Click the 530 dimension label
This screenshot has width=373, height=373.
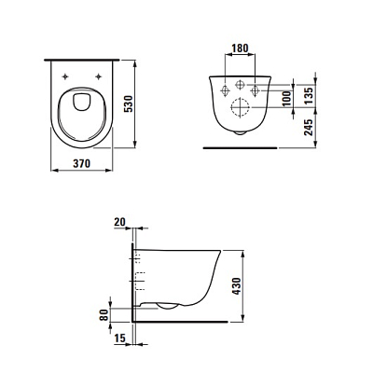129,104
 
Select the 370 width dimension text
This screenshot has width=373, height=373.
82,163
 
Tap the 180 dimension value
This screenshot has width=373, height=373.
241,48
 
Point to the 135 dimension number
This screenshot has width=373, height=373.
309,96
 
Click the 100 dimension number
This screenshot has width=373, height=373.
287,98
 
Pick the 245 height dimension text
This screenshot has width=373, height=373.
309,127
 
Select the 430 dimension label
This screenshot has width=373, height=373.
237,286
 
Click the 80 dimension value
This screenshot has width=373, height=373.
104,315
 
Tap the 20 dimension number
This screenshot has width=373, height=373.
119,222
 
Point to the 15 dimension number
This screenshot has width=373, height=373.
119,338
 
